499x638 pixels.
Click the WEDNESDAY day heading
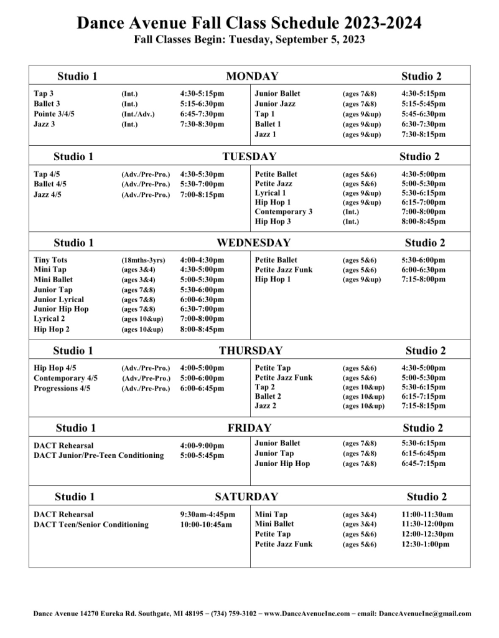coord(253,242)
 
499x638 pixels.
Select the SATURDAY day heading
coord(246,497)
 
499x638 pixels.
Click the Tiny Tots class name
coord(51,260)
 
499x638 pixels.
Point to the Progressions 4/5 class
coord(62,388)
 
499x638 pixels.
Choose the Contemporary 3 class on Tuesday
coord(284,211)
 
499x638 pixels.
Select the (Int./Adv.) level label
coord(138,114)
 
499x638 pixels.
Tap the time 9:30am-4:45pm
coord(208,515)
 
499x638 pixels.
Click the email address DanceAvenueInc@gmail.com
coord(424,614)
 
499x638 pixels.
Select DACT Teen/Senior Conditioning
coord(91,525)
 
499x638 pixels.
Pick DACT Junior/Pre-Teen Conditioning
coord(99,455)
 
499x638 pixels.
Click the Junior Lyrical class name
coord(59,300)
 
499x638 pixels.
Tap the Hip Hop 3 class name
coord(273,221)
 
